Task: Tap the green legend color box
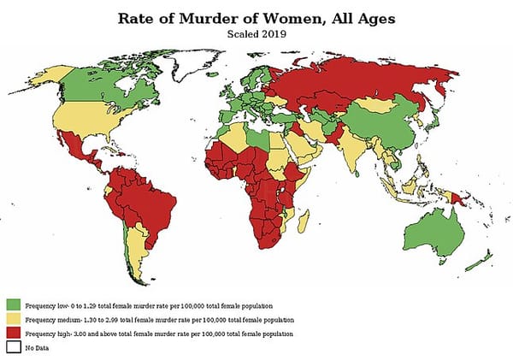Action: coord(14,304)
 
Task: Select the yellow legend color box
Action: coord(14,319)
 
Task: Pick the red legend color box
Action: coord(14,333)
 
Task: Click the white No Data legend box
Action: coord(14,347)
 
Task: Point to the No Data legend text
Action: coord(37,347)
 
